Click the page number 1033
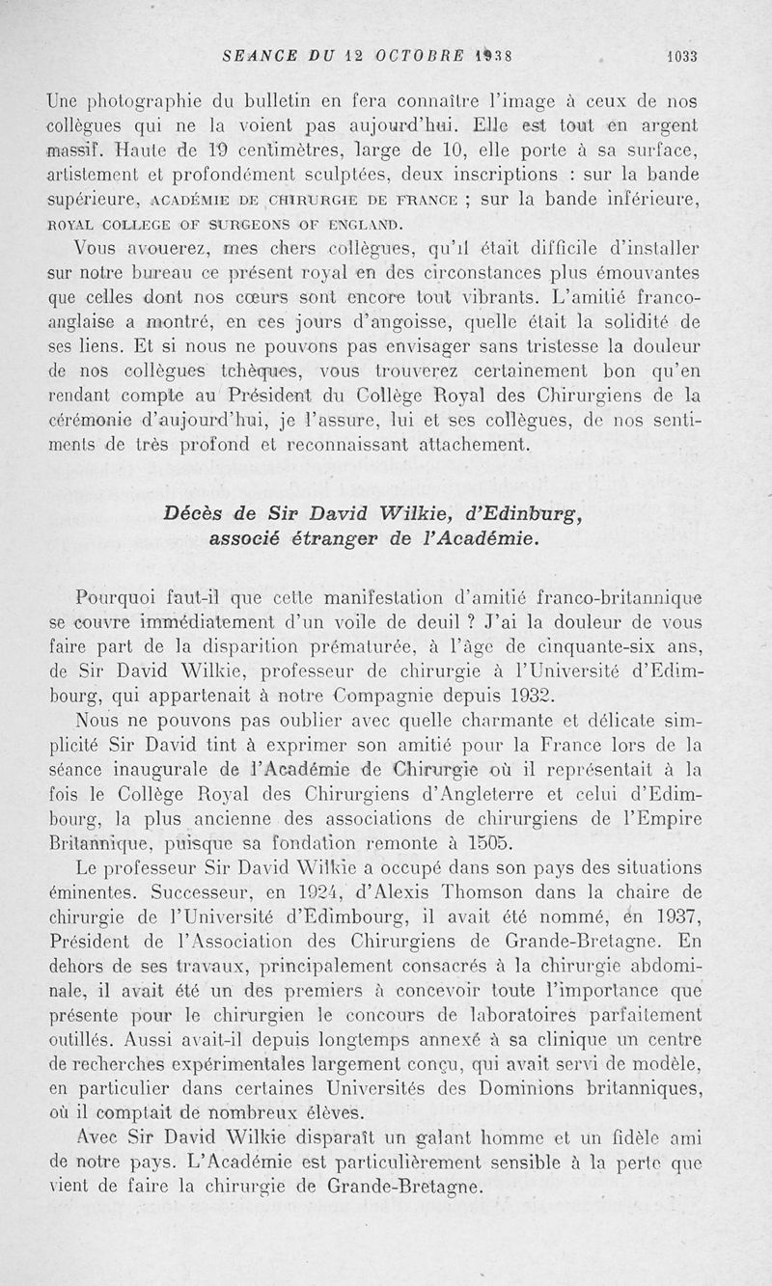(681, 56)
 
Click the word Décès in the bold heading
(198, 515)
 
